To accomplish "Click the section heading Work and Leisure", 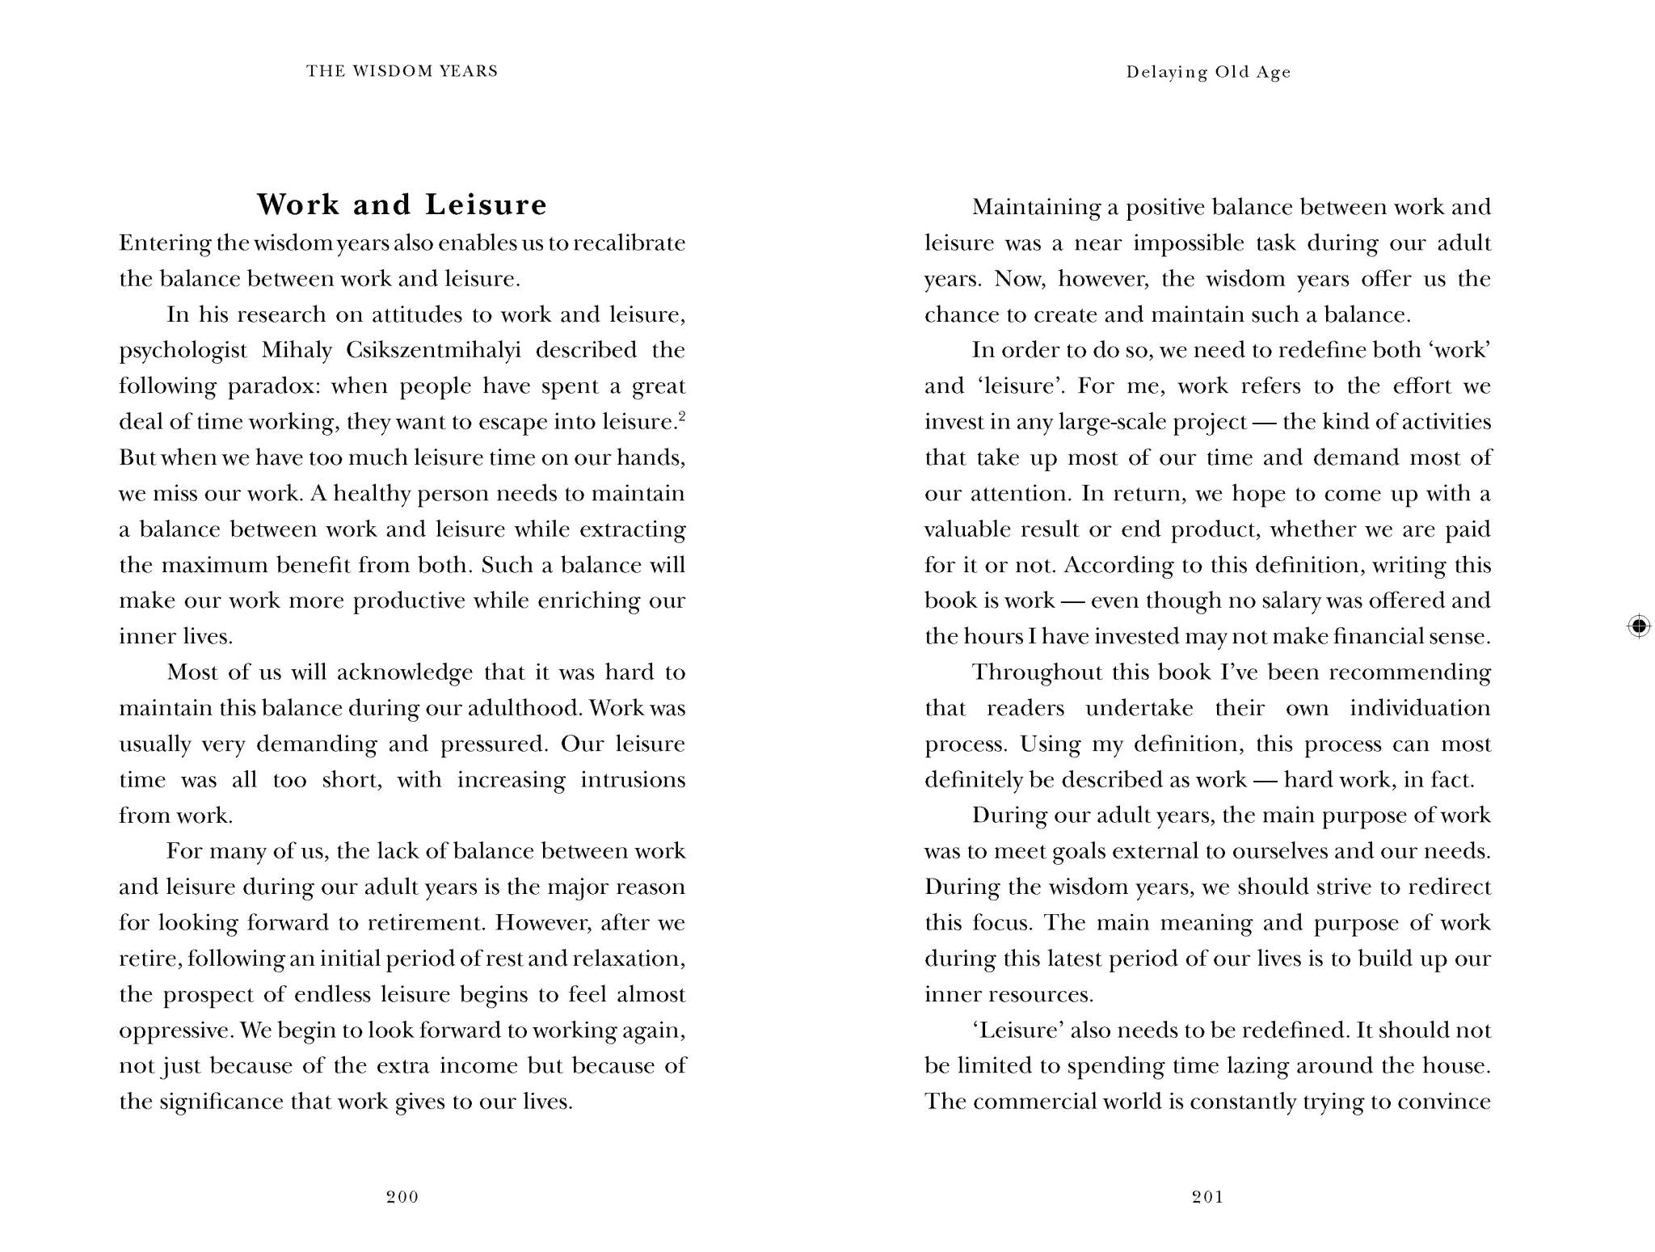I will [x=402, y=204].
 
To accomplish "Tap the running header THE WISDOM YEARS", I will [x=402, y=71].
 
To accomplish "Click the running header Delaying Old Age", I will [x=1208, y=72].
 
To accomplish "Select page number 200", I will [x=402, y=1197].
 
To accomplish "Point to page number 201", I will [x=1208, y=1197].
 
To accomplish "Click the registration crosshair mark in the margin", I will [x=1639, y=626].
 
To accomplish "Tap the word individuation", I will [x=1420, y=709].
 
